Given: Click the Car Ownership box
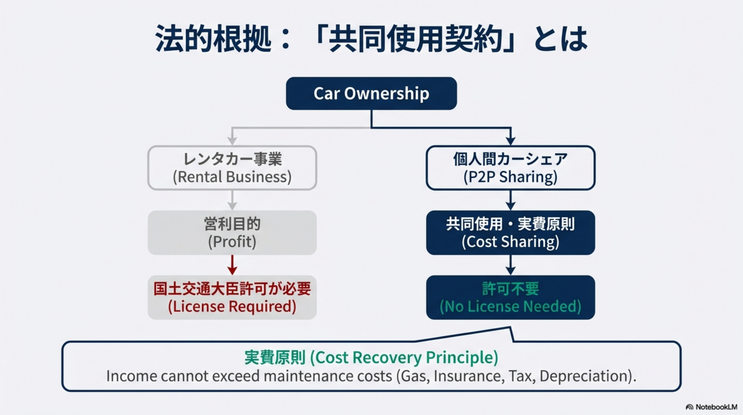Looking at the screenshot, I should tap(371, 93).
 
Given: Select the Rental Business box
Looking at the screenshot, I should tap(232, 168).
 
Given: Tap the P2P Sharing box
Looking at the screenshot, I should tap(510, 168).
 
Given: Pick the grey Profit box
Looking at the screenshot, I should tap(232, 232).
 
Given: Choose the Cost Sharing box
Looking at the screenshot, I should tap(510, 232).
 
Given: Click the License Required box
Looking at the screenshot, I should tap(232, 297).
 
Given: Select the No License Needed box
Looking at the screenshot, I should tap(510, 297).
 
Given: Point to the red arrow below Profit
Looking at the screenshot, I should tap(232, 265).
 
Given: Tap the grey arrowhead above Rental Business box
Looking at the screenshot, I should tap(232, 141).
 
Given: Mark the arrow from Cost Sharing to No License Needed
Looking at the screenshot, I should tap(510, 265).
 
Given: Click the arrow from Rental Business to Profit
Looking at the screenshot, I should tap(232, 200).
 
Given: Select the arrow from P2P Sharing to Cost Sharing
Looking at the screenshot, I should tap(510, 200).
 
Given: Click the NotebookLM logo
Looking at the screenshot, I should tap(712, 407).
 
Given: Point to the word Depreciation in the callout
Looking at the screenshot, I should tap(587, 376).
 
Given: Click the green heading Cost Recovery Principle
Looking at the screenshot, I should tap(406, 358).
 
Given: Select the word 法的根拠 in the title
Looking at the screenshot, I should tap(213, 39).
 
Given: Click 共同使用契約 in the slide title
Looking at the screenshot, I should tap(415, 39).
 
